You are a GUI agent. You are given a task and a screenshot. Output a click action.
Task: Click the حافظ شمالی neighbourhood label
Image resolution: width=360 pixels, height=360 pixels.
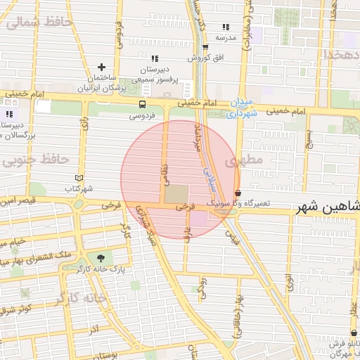[39, 22]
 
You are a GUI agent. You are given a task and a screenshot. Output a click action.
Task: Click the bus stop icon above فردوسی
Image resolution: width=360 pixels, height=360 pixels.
[143, 105]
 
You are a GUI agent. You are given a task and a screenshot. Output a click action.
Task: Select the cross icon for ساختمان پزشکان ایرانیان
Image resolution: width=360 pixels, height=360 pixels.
[102, 67]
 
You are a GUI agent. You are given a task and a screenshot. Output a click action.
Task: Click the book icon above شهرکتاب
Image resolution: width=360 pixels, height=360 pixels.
[79, 178]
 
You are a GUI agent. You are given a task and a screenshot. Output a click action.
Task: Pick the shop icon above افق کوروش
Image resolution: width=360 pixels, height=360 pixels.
[205, 47]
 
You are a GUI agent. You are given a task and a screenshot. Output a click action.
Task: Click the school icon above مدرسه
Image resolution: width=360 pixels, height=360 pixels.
[225, 26]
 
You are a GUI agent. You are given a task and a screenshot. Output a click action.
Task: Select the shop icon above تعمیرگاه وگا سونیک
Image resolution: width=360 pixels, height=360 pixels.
[238, 192]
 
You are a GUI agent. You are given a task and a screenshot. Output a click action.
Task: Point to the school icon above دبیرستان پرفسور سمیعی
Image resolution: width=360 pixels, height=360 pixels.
[155, 58]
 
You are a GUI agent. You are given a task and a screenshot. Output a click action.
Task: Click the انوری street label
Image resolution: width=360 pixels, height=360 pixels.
[289, 282]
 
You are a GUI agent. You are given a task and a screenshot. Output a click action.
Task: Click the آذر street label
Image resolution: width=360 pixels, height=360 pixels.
[93, 329]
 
